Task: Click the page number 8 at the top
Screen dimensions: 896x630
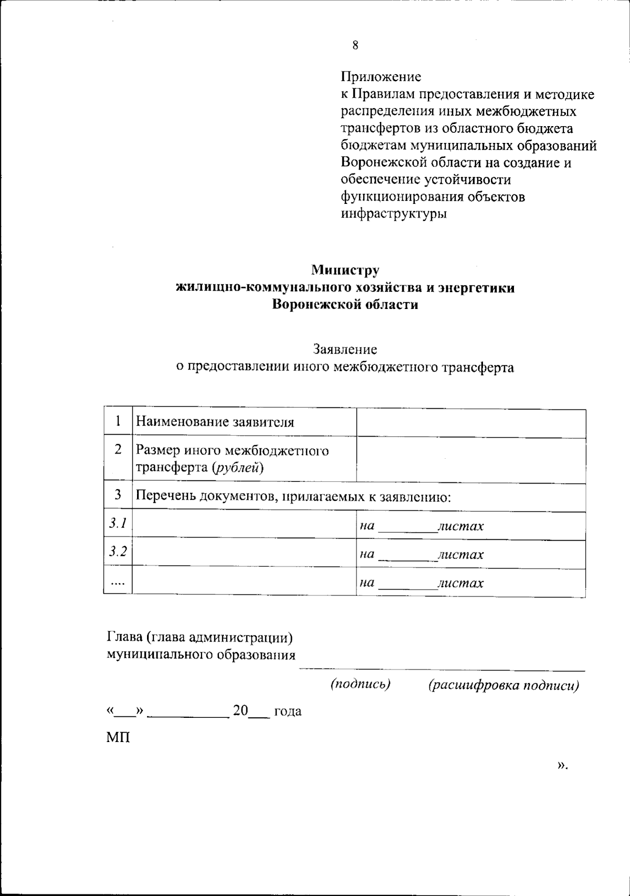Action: point(355,46)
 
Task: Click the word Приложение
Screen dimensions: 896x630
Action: point(381,77)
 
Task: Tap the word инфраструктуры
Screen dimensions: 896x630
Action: point(394,214)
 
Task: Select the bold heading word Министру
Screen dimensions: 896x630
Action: point(345,270)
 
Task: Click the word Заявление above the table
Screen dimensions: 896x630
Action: point(345,349)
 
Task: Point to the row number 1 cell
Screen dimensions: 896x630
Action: point(118,421)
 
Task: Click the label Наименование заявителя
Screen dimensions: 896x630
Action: point(215,422)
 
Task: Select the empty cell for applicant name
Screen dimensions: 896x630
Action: point(471,423)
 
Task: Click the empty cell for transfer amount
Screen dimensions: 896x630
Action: point(471,460)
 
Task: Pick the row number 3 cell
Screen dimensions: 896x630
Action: point(118,495)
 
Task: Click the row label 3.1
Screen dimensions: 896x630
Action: point(118,523)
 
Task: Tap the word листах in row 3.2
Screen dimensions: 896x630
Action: point(460,554)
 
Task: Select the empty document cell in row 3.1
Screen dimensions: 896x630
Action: point(244,526)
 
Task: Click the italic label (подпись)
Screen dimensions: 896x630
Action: point(360,684)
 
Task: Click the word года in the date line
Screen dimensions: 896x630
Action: point(288,712)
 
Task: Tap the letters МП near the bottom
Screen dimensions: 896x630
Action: point(118,738)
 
